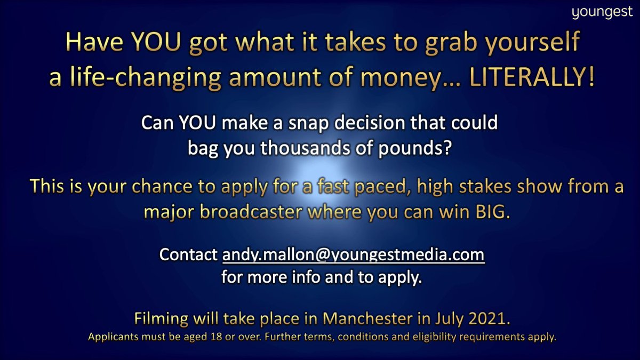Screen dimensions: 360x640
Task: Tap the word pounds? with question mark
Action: [420, 148]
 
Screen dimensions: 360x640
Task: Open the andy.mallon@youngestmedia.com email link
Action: [353, 255]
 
